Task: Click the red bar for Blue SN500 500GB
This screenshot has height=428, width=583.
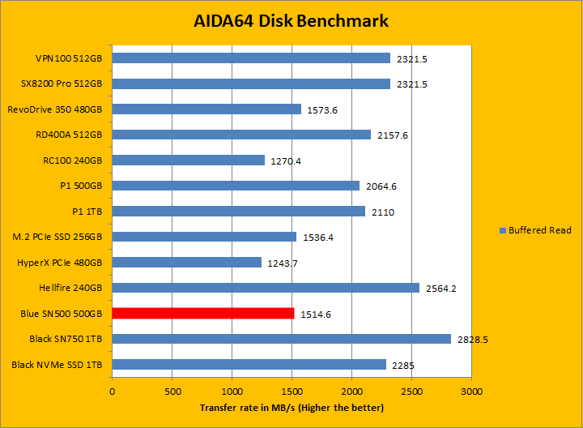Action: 202,313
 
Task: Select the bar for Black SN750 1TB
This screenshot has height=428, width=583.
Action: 281,339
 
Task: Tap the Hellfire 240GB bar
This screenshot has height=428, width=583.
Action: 266,288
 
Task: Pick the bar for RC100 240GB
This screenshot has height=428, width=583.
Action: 188,160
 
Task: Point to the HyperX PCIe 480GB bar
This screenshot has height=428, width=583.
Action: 186,263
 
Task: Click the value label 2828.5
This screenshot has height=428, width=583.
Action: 473,340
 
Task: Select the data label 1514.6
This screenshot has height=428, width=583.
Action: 316,314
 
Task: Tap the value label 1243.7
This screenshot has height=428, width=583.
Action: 283,263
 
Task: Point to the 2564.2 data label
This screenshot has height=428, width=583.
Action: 441,289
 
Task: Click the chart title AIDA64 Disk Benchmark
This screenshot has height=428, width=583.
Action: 291,21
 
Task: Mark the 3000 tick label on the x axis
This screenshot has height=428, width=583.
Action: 471,392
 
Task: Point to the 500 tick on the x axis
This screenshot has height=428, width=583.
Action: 172,392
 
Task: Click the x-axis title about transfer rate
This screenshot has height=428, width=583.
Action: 291,408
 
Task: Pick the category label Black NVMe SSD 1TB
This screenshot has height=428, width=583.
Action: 57,365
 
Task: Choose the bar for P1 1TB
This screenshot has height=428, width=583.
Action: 238,212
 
